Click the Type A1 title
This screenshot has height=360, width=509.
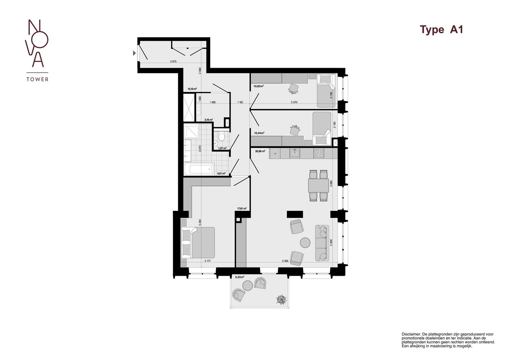[441, 30]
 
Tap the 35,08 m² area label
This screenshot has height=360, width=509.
[260, 152]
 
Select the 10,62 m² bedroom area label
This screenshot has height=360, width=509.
[259, 86]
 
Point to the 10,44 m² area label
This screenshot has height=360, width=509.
[259, 133]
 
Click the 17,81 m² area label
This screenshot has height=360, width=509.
[242, 209]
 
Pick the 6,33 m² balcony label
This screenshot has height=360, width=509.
[240, 277]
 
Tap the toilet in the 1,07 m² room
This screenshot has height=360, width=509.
[222, 137]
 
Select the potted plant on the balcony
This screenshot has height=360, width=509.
[281, 300]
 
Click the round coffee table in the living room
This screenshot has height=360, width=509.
[305, 243]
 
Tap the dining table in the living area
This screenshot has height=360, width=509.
[318, 185]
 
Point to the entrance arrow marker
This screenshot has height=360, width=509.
[134, 53]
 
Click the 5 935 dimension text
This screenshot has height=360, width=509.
[285, 261]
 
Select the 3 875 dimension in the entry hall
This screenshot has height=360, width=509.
[173, 62]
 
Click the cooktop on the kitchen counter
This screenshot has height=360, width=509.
[319, 154]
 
